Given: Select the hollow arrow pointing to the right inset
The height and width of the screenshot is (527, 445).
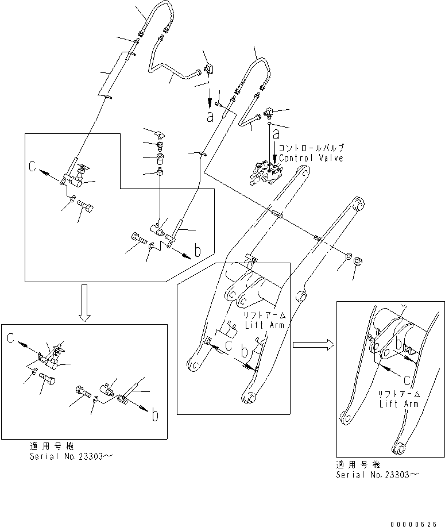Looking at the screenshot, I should pos(312,344).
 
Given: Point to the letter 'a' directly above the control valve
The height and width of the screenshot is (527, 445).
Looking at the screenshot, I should pos(276,134).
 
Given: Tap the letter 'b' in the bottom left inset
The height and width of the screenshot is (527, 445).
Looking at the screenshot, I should pos(154,414).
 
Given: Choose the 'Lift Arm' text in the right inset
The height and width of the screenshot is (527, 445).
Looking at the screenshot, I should pos(398,403).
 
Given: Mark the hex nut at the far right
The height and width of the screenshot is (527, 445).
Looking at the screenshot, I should pos(357,261).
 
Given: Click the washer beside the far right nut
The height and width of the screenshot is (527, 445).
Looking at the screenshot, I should pos(349,255).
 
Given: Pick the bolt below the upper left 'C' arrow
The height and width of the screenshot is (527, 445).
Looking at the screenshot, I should pos(85,205).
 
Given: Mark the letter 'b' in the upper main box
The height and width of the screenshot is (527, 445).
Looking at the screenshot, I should pos(198,250).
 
